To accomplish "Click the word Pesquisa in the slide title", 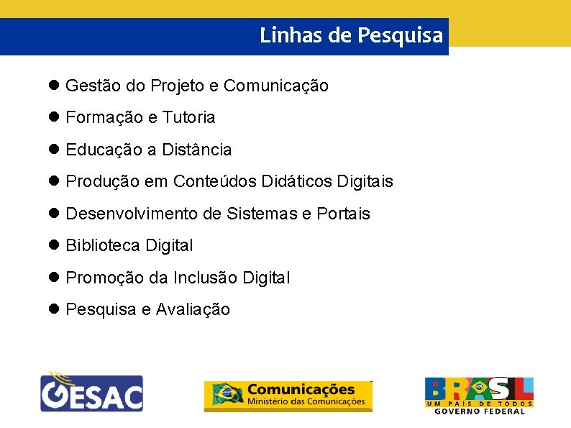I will point(400,35).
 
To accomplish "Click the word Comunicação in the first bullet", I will point(276,86).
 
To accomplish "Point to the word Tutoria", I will point(188,117).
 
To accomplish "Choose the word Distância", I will point(196,150).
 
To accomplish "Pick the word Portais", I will point(343,214).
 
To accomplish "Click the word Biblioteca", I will point(103,245).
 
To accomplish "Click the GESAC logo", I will point(91,391).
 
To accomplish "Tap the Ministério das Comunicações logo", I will point(288,396).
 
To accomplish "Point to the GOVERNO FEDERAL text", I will point(479,411).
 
